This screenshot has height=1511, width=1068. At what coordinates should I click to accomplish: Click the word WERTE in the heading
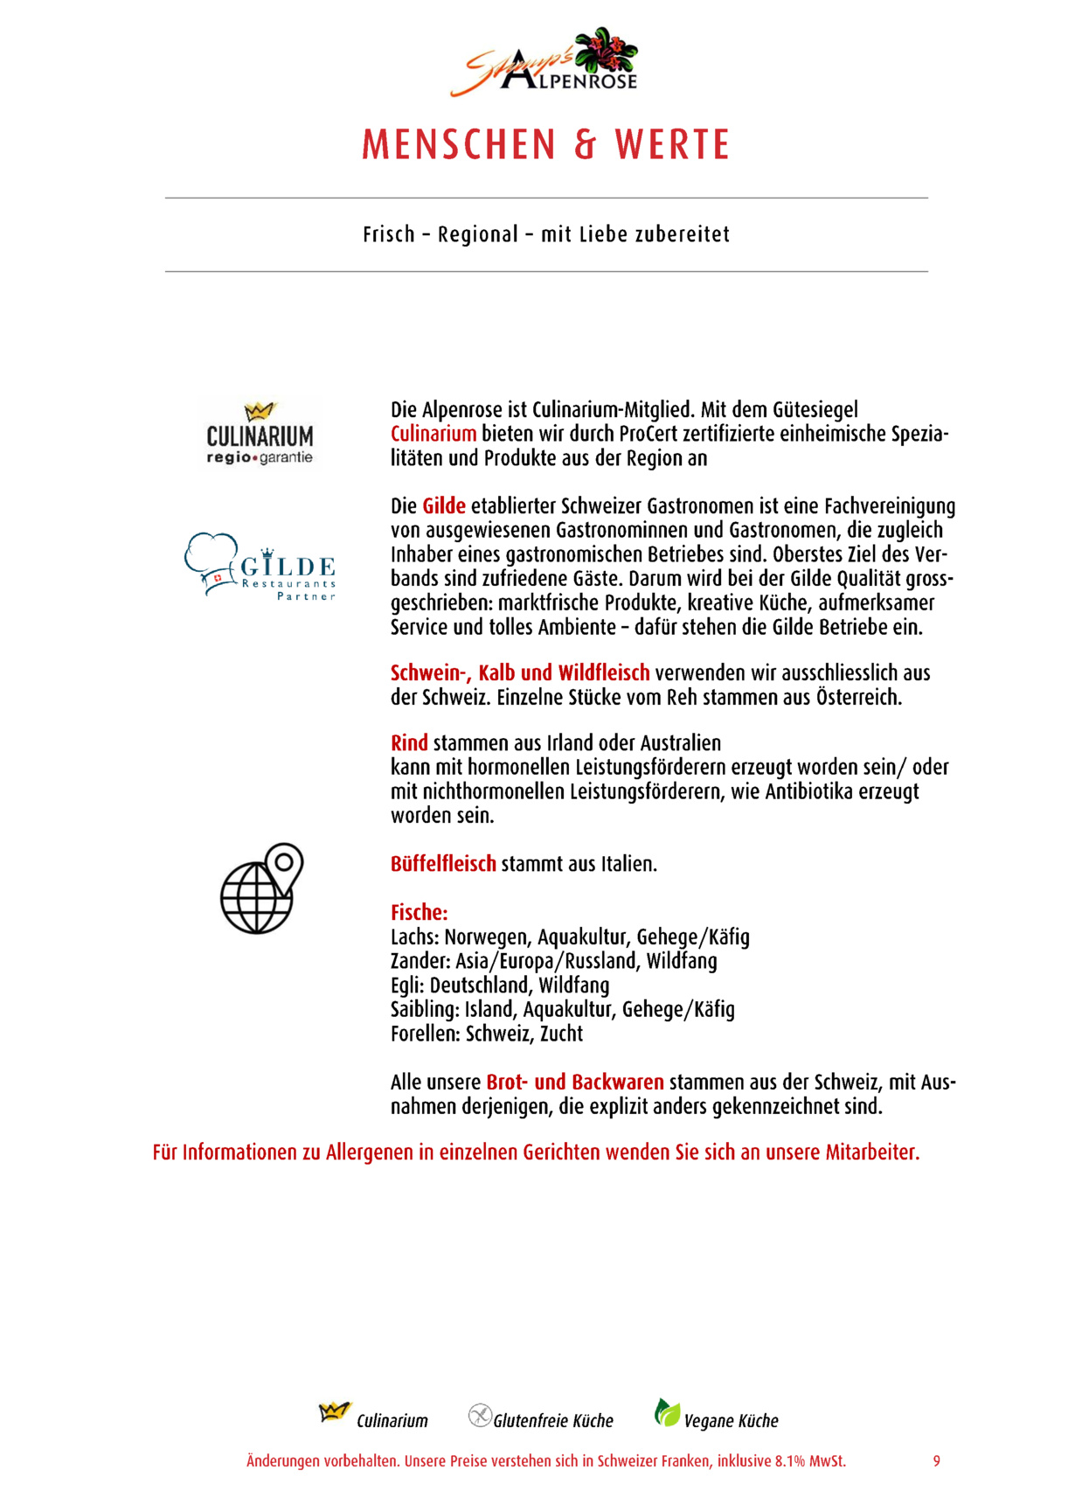click(x=672, y=145)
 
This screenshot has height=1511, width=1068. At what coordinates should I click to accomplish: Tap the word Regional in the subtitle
click(x=478, y=234)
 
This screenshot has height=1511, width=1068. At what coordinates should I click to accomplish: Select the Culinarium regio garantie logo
click(x=260, y=434)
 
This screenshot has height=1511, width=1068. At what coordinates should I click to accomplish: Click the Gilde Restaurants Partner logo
click(x=260, y=567)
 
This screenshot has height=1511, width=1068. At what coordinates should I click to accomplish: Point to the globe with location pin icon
click(x=261, y=888)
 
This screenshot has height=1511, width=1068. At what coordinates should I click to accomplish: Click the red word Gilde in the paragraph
click(x=444, y=506)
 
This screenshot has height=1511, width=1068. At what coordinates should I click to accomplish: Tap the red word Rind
click(x=409, y=743)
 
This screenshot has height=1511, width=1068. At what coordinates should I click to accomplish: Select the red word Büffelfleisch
click(x=443, y=864)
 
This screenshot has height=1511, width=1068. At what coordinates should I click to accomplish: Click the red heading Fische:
click(x=419, y=912)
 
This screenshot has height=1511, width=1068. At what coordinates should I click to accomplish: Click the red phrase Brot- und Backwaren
click(x=574, y=1083)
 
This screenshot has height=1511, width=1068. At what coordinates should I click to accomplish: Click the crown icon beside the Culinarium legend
click(x=334, y=1412)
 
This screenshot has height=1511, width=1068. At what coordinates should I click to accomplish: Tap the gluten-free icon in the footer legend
click(x=480, y=1415)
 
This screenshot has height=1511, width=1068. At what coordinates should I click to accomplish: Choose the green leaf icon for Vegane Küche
click(x=667, y=1412)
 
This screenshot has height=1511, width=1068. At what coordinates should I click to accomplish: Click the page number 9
click(x=936, y=1461)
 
